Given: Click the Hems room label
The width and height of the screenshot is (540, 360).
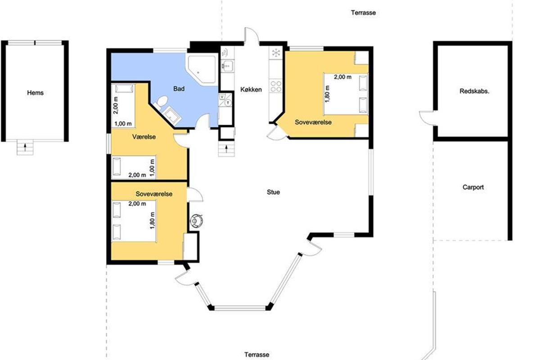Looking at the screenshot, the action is [35, 93].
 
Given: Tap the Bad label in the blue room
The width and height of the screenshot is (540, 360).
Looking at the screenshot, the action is [179, 89].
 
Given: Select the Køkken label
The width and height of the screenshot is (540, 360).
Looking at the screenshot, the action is [251, 90].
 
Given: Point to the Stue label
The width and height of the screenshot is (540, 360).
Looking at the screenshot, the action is [273, 192].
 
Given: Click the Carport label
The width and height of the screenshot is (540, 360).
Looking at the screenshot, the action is [473, 187].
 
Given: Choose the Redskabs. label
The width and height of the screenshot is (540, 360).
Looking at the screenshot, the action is [474, 91].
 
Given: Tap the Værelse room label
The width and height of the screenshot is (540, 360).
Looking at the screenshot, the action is [144, 137].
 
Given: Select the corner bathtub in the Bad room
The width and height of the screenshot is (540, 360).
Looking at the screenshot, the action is [202, 69].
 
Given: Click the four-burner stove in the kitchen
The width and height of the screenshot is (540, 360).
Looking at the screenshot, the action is [276, 86].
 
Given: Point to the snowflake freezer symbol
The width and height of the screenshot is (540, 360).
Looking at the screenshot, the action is [276, 53].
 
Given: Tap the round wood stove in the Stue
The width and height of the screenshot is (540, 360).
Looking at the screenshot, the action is [196, 220].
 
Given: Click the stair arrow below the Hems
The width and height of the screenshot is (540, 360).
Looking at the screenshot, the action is [25, 147].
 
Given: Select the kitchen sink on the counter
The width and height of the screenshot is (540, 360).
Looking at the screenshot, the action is [227, 65].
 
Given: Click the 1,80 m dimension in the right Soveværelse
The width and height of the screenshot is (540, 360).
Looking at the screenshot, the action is [327, 94].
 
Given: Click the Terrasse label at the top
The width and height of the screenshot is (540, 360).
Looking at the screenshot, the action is [363, 13].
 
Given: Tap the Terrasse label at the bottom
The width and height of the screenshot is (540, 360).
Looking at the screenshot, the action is [257, 355].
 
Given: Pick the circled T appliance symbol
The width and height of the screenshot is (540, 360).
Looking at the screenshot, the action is [228, 103].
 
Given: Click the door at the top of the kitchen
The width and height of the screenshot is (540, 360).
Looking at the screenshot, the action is [252, 36].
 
